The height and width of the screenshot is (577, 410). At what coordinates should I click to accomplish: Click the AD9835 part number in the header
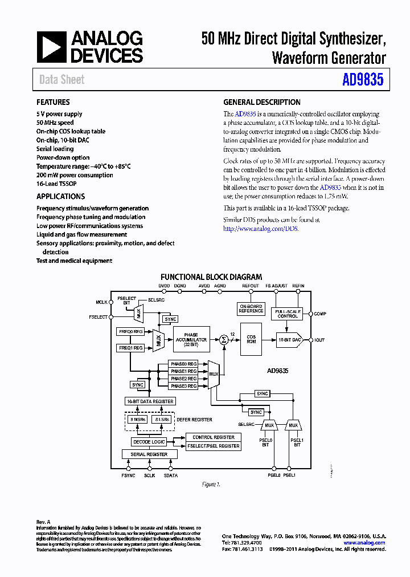click(363, 79)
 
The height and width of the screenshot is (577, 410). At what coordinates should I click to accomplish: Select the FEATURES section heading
click(53, 103)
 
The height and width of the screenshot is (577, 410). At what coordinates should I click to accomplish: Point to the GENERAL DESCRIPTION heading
click(262, 103)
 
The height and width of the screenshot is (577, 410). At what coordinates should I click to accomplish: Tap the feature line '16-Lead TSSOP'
click(56, 184)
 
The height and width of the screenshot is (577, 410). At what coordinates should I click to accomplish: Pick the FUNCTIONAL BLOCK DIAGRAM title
click(211, 277)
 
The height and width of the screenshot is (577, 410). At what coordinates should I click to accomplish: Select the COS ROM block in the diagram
click(251, 339)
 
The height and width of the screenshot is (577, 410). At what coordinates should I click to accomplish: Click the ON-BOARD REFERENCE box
click(251, 309)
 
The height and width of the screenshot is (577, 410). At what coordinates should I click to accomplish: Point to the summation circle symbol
click(223, 340)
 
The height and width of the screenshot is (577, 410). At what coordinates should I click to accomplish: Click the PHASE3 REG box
click(184, 386)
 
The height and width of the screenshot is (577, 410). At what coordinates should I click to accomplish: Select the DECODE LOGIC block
click(149, 442)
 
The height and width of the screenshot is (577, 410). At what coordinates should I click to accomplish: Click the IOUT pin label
click(319, 340)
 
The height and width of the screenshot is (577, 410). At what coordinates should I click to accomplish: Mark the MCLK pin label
click(101, 303)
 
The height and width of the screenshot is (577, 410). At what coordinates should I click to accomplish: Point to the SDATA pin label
click(171, 475)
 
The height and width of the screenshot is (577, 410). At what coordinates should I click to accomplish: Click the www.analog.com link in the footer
click(364, 543)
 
